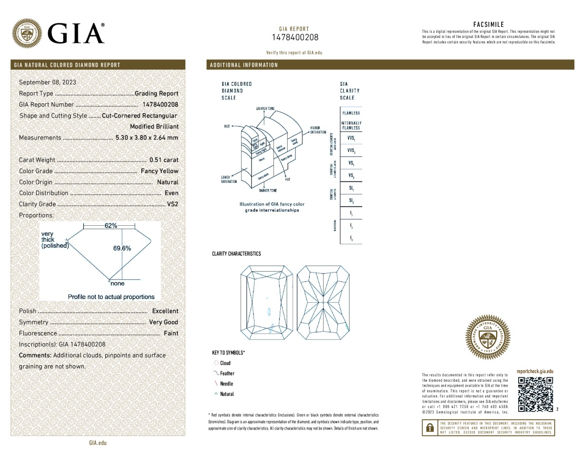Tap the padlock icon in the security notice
429,428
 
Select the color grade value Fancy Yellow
159,171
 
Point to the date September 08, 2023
47,82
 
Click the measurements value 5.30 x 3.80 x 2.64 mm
147,138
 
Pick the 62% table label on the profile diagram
111,226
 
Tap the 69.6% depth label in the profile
122,248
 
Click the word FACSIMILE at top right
488,24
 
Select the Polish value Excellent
165,311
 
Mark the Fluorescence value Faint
171,333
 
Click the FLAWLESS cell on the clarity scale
351,113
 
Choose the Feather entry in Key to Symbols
227,373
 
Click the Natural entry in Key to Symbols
227,394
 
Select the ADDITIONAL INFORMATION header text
244,65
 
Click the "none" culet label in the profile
117,283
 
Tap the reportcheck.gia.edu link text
535,372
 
